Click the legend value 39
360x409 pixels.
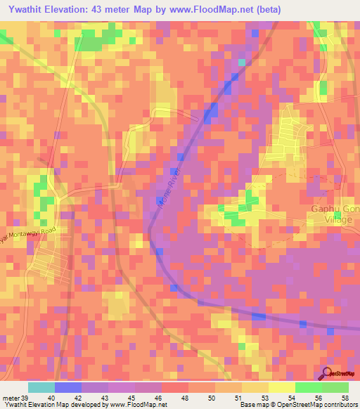[23, 398]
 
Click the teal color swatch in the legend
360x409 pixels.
[41, 387]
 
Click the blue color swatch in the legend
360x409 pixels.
[68, 387]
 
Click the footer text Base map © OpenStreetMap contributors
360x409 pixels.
[298, 405]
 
